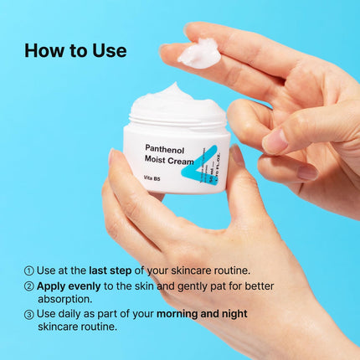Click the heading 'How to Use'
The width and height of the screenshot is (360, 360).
click(x=75, y=50)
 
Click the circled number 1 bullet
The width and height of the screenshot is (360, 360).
click(x=29, y=270)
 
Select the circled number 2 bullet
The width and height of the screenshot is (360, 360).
click(x=29, y=285)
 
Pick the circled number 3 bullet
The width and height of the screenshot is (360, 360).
click(x=29, y=314)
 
